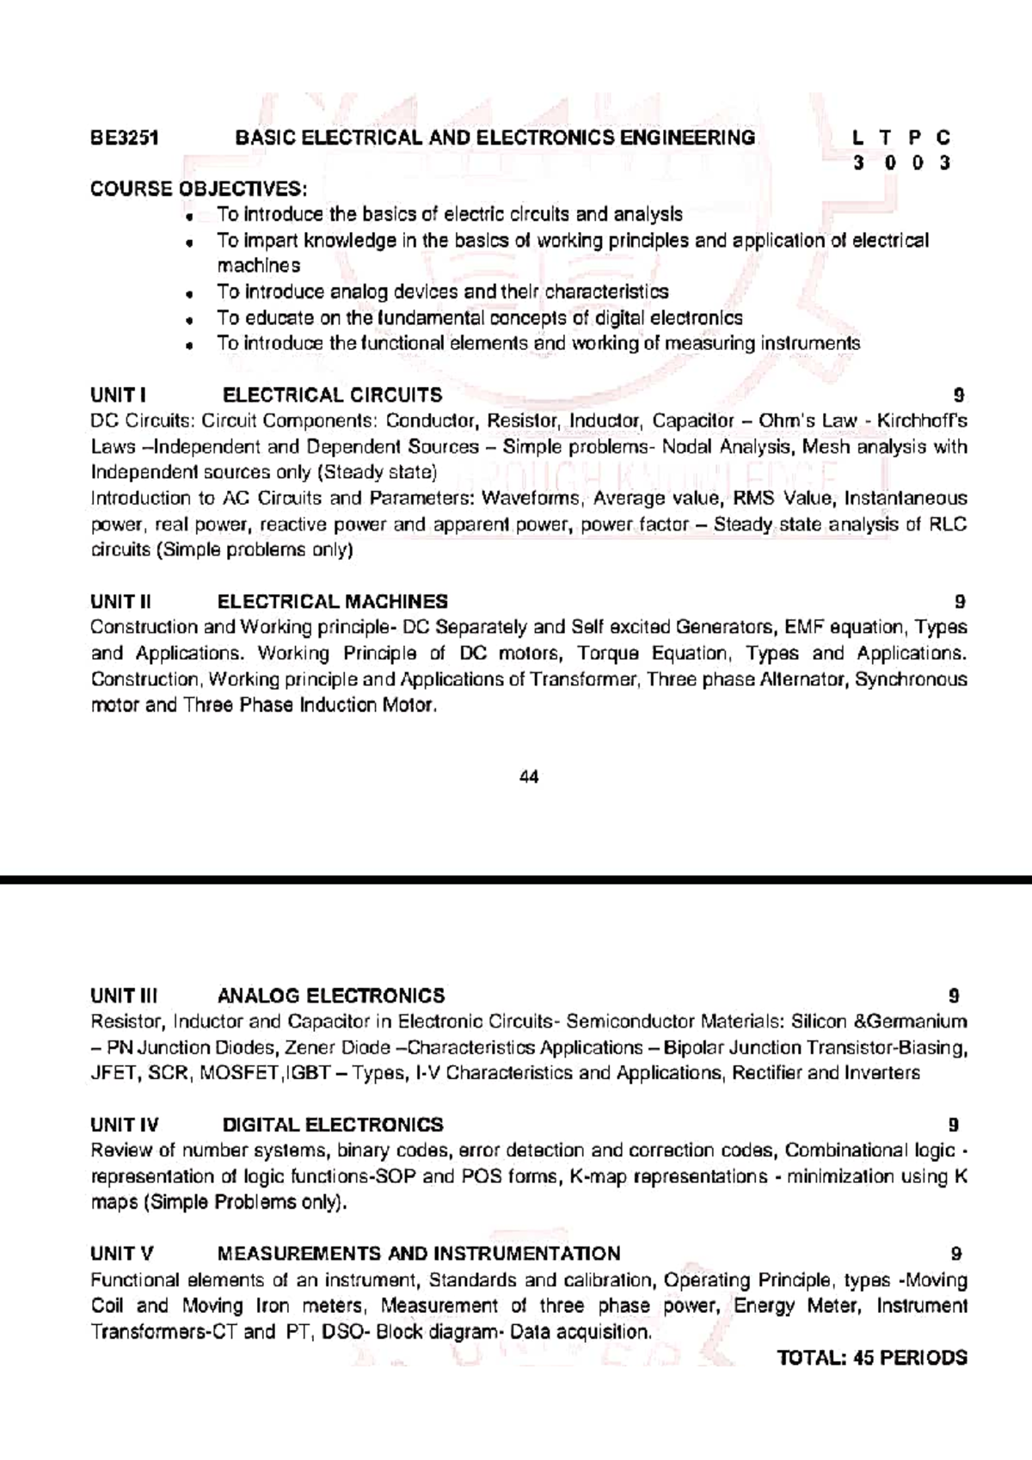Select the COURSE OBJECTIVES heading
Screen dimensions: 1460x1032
pyautogui.click(x=198, y=189)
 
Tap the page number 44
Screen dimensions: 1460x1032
pyautogui.click(x=530, y=777)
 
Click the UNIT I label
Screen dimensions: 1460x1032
pyautogui.click(x=118, y=396)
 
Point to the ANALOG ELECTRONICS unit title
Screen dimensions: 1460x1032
pyautogui.click(x=331, y=997)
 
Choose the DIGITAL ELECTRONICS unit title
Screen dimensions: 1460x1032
pyautogui.click(x=333, y=1126)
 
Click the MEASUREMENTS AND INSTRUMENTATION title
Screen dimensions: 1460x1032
pyautogui.click(x=419, y=1254)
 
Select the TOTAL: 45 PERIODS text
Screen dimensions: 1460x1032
pyautogui.click(x=872, y=1359)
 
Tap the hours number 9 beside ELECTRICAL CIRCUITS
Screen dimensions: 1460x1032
pyautogui.click(x=959, y=396)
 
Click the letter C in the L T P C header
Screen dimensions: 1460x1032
pyautogui.click(x=943, y=138)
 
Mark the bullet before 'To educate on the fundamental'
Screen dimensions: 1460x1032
pyautogui.click(x=187, y=320)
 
